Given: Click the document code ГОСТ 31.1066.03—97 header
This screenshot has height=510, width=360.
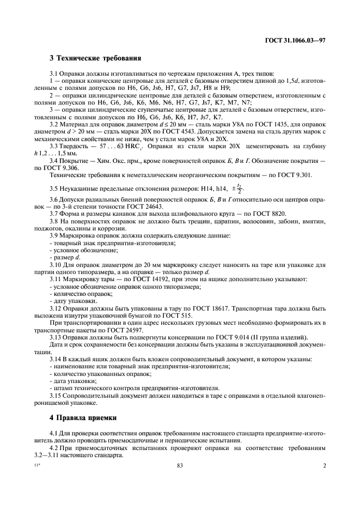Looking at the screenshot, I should (295, 40).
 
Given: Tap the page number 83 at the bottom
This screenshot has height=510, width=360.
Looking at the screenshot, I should (180, 466).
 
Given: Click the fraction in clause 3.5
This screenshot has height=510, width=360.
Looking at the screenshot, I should (239, 189).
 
